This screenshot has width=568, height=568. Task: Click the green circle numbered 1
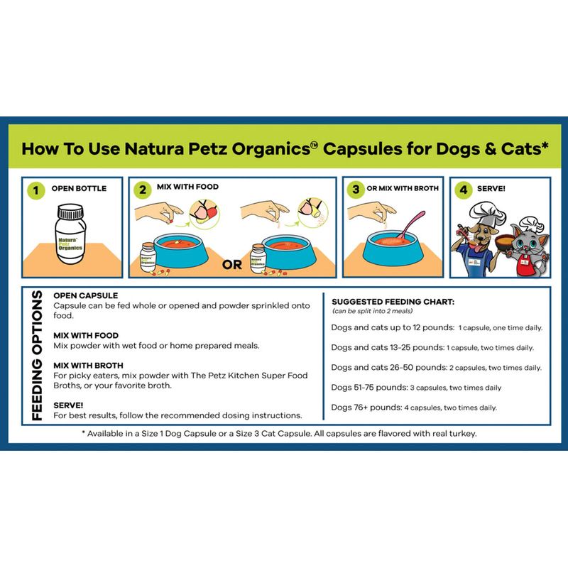click(x=36, y=190)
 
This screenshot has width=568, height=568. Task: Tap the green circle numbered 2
click(x=143, y=190)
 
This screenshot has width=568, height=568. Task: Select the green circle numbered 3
click(x=356, y=189)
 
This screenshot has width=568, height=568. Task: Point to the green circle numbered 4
click(x=464, y=190)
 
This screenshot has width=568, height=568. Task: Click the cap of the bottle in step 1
click(x=71, y=212)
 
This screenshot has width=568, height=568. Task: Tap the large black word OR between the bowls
click(x=232, y=265)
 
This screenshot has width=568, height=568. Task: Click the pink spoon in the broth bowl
click(x=410, y=224)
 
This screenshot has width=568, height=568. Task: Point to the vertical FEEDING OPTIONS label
click(x=37, y=356)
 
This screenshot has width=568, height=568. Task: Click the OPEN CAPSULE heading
click(x=85, y=295)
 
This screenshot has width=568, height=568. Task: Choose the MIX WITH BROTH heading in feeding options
click(x=88, y=366)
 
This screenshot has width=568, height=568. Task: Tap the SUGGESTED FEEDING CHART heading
click(x=393, y=302)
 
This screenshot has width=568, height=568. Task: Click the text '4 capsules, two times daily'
click(x=450, y=408)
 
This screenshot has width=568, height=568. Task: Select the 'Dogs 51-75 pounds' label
click(x=369, y=388)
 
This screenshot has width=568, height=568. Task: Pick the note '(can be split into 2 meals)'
click(x=372, y=311)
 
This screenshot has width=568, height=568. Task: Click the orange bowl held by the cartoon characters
click(x=505, y=241)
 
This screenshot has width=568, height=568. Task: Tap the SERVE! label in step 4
click(x=491, y=189)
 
